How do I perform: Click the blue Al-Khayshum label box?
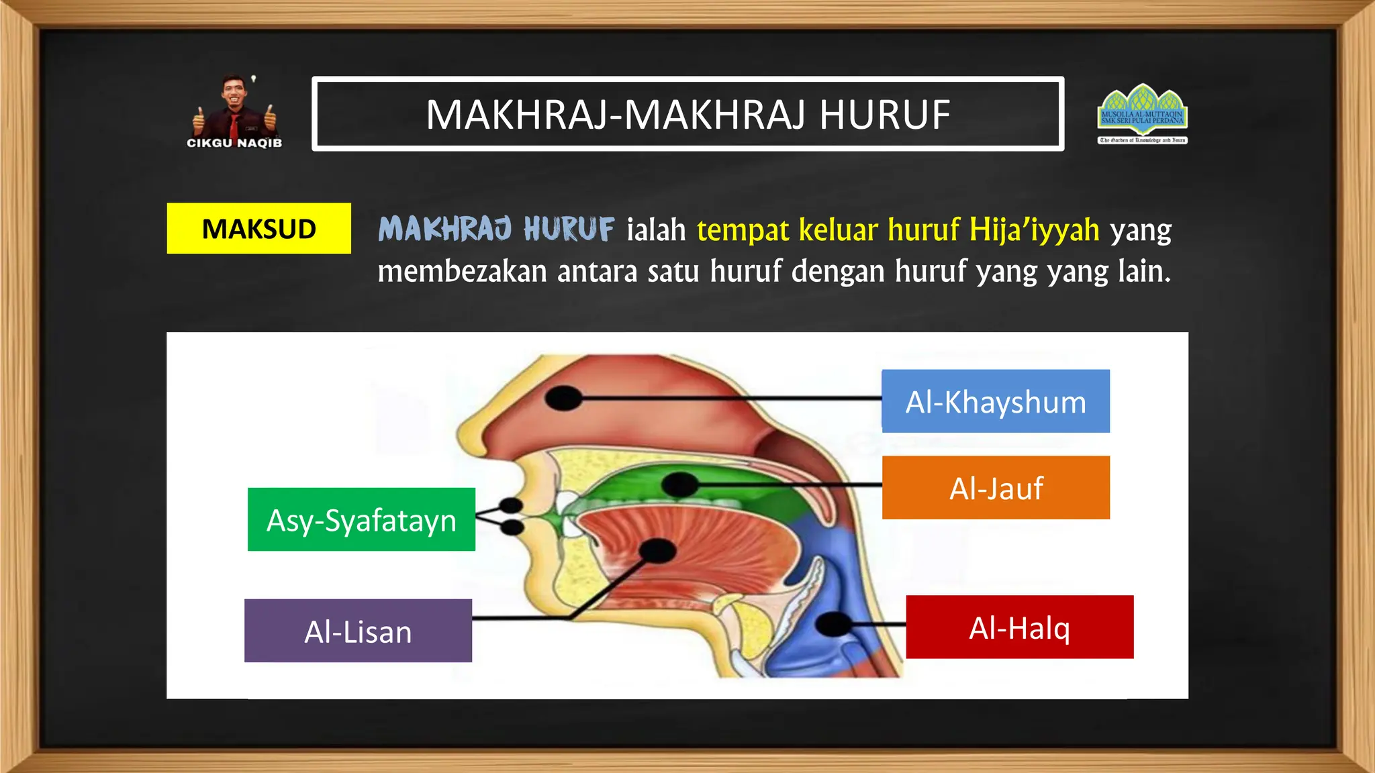pos(995,401)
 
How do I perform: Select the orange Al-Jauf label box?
pos(995,488)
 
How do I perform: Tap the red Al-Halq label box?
pos(1019,627)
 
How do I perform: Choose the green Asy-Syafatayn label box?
pos(361,520)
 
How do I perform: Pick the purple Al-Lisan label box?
pos(358,631)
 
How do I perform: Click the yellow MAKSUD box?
pos(258,229)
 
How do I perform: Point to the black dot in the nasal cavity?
pos(563,398)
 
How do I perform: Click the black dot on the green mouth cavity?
pos(679,484)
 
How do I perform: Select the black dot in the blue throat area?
pos(833,624)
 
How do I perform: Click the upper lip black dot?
pos(511,505)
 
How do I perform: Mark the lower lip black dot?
pos(512,527)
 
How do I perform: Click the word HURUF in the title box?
pos(884,115)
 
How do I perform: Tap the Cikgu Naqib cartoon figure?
pos(234,107)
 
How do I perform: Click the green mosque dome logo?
pos(1142,107)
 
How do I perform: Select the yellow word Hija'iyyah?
pos(1034,229)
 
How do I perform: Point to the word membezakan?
pos(462,272)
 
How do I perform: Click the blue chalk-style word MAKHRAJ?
pos(445,229)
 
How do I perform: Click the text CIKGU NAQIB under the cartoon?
pos(234,143)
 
